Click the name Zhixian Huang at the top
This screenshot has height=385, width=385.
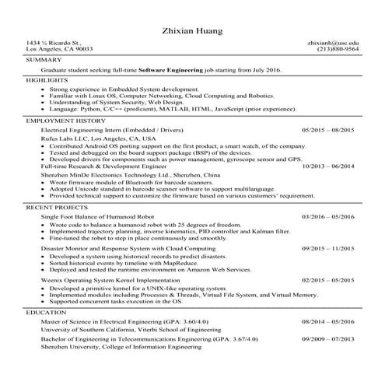pos(192,31)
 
